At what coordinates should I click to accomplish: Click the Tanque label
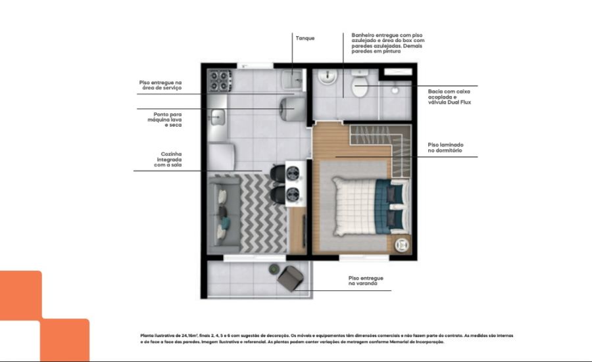coord(305,38)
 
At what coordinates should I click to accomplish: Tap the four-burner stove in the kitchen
coord(220,81)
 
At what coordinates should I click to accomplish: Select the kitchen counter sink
coord(217,117)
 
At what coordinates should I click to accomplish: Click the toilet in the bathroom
coord(360,83)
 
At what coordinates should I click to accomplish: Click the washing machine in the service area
coord(293,109)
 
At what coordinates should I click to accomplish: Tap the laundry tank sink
coord(292,79)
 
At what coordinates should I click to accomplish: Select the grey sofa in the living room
coord(224,214)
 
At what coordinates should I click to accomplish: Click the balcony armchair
coord(290,279)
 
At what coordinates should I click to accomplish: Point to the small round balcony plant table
coord(274,269)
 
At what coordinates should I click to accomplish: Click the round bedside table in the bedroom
coord(402,245)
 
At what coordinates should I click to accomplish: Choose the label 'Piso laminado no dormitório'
coord(445,147)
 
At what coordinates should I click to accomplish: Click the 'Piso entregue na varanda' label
coord(366,281)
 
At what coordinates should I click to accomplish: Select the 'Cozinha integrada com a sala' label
coord(168,160)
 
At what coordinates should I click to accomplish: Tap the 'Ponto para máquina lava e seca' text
coord(164,120)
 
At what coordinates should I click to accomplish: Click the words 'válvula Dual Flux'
coord(449,102)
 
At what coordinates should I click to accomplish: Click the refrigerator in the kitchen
coord(221,156)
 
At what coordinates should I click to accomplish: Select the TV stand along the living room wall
coord(297,230)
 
